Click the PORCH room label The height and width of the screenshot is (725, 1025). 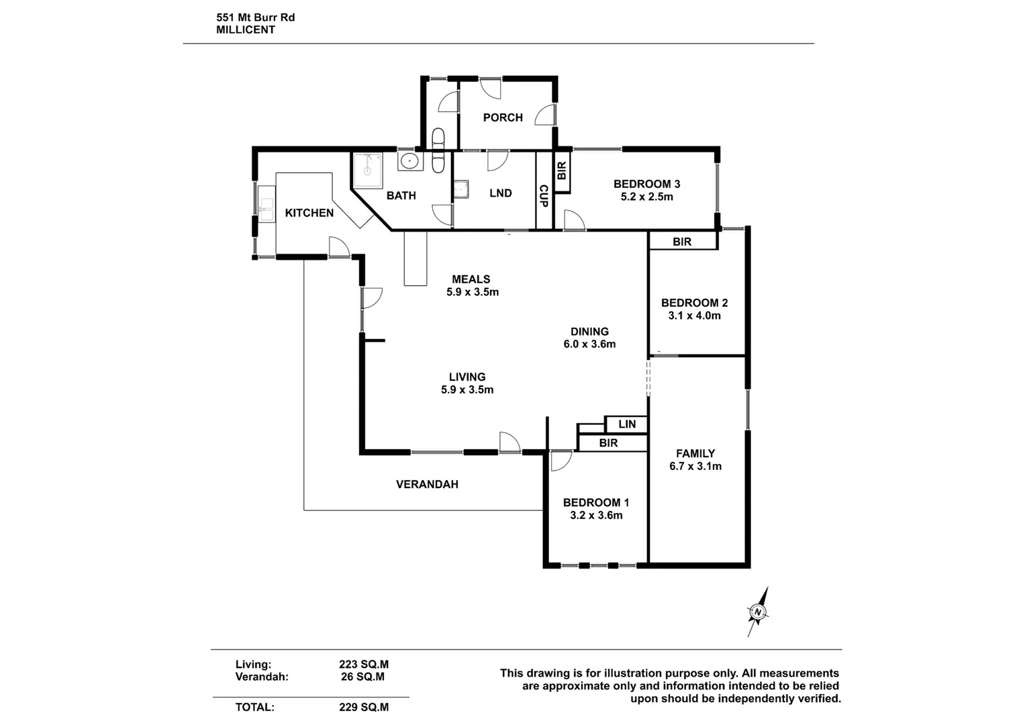click(503, 117)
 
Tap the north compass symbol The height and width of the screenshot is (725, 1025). click(758, 612)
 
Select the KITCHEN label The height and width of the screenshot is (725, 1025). click(309, 213)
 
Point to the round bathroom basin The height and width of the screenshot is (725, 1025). click(409, 161)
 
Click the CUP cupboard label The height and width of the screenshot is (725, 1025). click(544, 195)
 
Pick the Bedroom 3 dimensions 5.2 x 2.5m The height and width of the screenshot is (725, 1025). click(647, 197)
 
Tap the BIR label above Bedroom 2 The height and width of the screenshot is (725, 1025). click(682, 242)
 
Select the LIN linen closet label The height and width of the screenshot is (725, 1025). click(627, 424)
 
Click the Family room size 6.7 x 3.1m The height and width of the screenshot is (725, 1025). click(695, 467)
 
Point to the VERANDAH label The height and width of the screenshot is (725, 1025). click(427, 484)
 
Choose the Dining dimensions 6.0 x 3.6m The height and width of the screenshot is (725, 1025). click(589, 344)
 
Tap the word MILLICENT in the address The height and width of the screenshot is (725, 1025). click(246, 30)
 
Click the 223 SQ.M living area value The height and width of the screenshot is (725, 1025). click(364, 665)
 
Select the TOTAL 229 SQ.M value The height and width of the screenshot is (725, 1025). click(364, 707)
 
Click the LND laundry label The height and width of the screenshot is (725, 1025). click(501, 193)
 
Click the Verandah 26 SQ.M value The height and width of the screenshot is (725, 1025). click(362, 677)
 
